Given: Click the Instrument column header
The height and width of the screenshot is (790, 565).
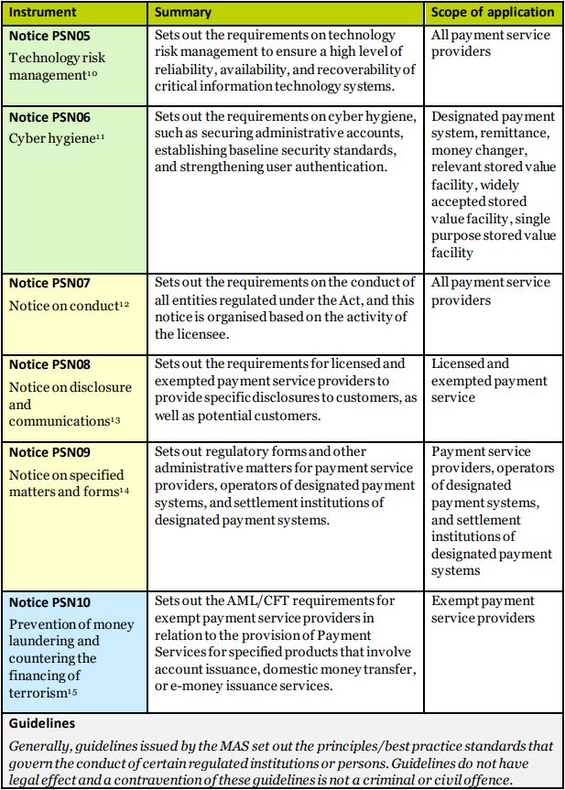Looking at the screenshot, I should click(43, 13).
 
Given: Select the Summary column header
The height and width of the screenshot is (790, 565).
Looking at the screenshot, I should click(183, 13).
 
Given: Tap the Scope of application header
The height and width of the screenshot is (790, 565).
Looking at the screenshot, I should click(493, 13).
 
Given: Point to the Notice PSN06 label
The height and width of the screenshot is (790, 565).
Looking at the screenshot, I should click(49, 117).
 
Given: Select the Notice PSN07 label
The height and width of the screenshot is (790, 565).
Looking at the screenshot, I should click(49, 283).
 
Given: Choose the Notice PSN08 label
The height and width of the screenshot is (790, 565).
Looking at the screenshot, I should click(49, 364).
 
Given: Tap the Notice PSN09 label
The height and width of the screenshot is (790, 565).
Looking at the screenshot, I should click(49, 452).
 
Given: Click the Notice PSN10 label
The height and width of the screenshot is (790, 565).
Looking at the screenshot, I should click(49, 602).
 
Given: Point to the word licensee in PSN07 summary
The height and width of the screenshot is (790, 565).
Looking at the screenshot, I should click(181, 334).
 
